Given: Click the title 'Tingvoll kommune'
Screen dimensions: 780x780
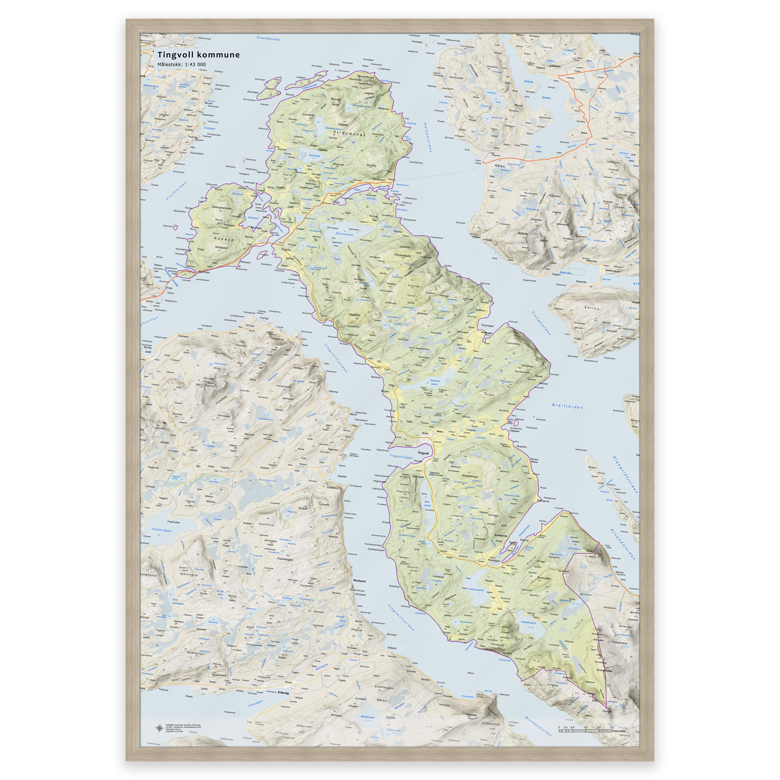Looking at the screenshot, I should pos(198,55).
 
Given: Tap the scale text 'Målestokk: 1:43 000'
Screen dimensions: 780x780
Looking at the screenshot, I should pos(181,65).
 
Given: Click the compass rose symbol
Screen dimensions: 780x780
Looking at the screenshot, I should pos(160,728).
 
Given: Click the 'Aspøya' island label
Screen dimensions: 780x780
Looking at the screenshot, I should pos(223,239).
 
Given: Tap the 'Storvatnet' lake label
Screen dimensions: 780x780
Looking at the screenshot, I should pos(344,234).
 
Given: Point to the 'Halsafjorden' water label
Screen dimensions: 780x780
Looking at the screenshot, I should pos(428,137).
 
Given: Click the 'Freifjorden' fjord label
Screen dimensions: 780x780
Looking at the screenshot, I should pos(176,191).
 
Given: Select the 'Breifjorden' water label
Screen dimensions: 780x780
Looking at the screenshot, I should pos(567,406).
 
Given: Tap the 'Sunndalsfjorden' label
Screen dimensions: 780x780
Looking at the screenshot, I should pos(538,726).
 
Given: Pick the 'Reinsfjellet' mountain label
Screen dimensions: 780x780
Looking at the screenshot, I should pos(206,385).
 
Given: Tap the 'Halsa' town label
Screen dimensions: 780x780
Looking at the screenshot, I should pos(499,166).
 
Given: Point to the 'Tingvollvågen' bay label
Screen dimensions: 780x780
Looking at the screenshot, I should pos(401,457).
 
